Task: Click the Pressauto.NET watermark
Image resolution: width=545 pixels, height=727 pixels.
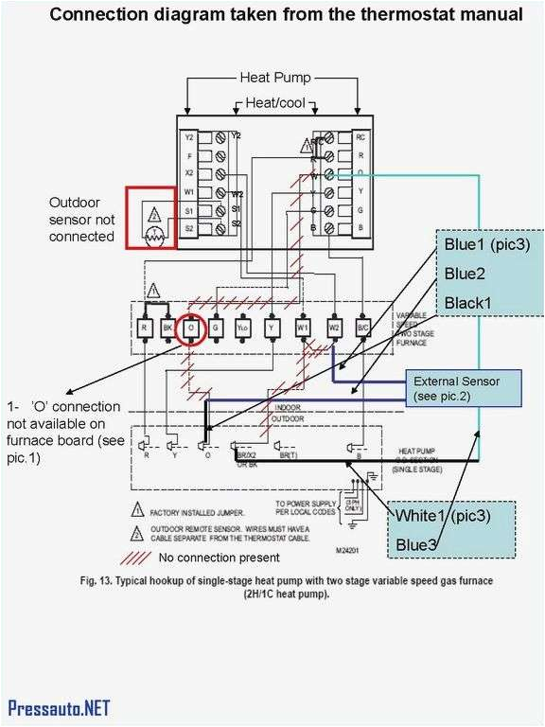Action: pyautogui.click(x=59, y=708)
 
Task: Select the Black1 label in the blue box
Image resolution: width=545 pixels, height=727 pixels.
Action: pyautogui.click(x=470, y=302)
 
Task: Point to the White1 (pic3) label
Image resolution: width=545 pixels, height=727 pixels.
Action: pyautogui.click(x=443, y=516)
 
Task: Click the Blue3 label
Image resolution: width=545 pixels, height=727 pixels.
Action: pyautogui.click(x=416, y=544)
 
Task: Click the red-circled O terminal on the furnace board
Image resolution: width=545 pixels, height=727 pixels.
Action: pyautogui.click(x=192, y=328)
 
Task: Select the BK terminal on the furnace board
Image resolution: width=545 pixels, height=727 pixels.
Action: pyautogui.click(x=167, y=328)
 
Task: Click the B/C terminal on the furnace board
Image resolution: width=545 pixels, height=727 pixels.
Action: pyautogui.click(x=362, y=328)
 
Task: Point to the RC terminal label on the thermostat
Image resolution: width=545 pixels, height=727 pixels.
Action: pyautogui.click(x=360, y=137)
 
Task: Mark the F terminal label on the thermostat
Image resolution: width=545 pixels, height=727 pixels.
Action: pyautogui.click(x=189, y=155)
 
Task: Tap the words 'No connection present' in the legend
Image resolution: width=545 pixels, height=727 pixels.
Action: pyautogui.click(x=220, y=558)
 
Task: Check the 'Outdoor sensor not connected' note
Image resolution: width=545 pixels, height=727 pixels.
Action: pyautogui.click(x=82, y=219)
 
